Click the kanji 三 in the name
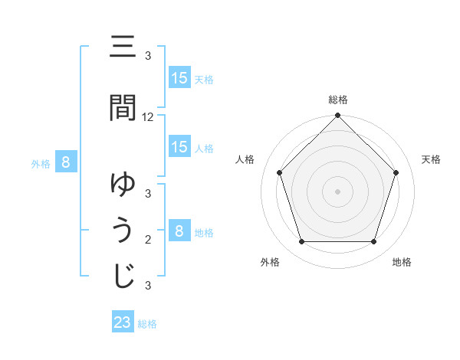[123, 47]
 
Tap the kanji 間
[123, 108]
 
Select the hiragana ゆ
[123, 185]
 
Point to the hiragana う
[123, 231]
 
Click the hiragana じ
[123, 276]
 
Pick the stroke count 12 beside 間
[148, 117]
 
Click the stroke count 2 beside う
[148, 240]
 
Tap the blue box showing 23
[123, 322]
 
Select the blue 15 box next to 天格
[179, 78]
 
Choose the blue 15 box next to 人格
[179, 147]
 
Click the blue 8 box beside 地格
[179, 231]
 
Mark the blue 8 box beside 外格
[66, 162]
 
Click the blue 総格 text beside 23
[147, 324]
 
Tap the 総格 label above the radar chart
[337, 100]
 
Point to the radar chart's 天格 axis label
[431, 159]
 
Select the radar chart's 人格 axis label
[245, 159]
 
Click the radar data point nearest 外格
[301, 242]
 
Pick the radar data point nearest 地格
[374, 242]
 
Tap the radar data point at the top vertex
[337, 116]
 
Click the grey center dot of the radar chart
[337, 191]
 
